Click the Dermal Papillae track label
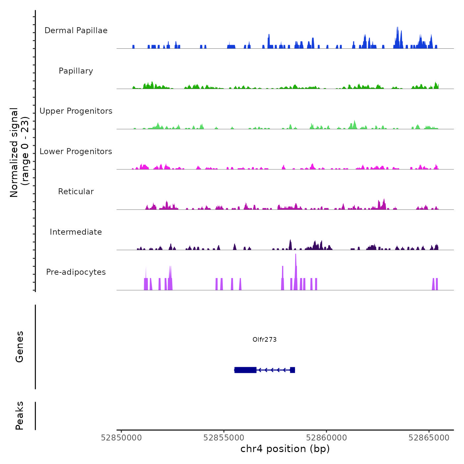(76, 30)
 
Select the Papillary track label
(76, 71)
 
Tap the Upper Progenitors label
(76, 111)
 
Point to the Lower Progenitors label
(76, 151)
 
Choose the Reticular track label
(76, 192)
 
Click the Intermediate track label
(76, 232)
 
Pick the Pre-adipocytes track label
(76, 272)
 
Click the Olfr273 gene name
(264, 339)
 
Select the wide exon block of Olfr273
(245, 370)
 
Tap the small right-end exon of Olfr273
(292, 370)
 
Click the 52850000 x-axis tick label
(121, 438)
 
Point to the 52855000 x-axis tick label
(224, 438)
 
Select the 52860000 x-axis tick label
(326, 438)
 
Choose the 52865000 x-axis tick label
(429, 438)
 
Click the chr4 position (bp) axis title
(285, 449)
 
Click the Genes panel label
(20, 347)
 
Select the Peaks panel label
(20, 416)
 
